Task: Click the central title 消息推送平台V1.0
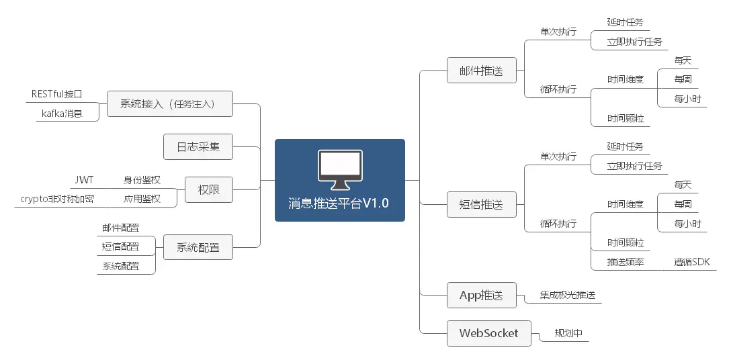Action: tap(339, 203)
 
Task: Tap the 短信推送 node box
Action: tap(480, 205)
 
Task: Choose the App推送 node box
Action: tap(480, 295)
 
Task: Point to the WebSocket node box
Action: tap(488, 333)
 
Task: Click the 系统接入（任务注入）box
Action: tap(170, 104)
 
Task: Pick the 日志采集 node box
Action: tap(198, 146)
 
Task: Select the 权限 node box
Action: tap(206, 190)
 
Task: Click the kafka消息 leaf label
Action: tap(62, 114)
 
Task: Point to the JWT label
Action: tap(84, 180)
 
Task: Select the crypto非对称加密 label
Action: tap(57, 199)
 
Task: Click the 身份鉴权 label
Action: tap(142, 180)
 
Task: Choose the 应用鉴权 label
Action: tap(142, 199)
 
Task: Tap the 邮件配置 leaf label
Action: tap(121, 228)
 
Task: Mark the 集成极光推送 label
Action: tap(568, 295)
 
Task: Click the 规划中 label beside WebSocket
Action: tap(568, 333)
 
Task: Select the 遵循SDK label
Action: tap(691, 262)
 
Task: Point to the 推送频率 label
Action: tap(626, 262)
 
